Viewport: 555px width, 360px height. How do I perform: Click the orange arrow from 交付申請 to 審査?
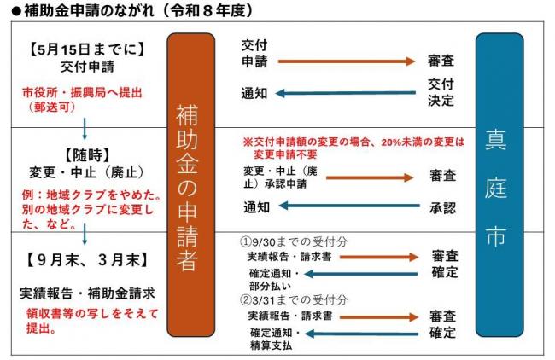(347, 61)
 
